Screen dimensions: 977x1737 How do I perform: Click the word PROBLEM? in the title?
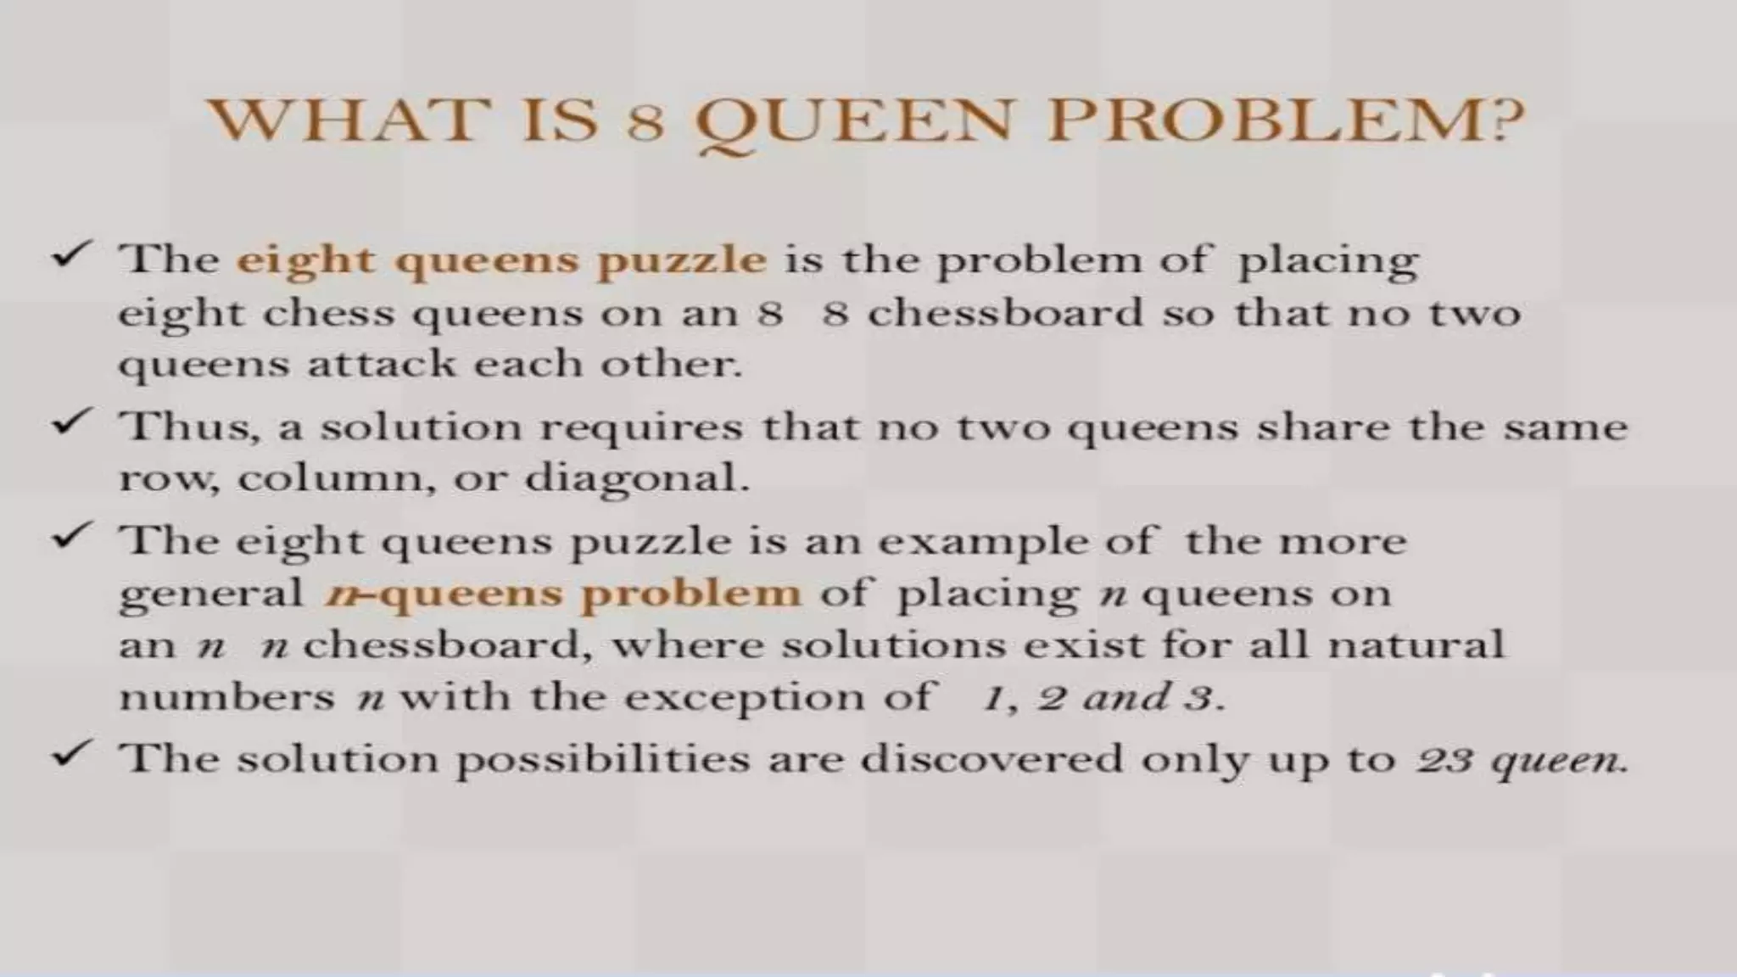(x=1284, y=120)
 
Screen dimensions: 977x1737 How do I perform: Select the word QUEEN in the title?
(x=853, y=122)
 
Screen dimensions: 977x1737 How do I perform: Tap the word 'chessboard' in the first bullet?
(x=1005, y=314)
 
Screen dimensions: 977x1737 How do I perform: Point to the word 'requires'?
(x=641, y=427)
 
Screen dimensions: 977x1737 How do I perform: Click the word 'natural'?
(x=1415, y=645)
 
